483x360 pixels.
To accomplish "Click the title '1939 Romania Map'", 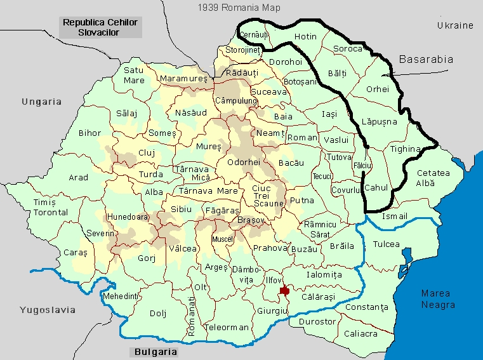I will pyautogui.click(x=239, y=8).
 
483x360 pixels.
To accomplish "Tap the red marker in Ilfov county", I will pyautogui.click(x=285, y=290).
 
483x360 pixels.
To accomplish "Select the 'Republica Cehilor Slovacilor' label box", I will pyautogui.click(x=100, y=27).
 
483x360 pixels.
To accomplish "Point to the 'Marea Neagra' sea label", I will pyautogui.click(x=438, y=299).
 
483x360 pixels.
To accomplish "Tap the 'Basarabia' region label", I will pyautogui.click(x=426, y=59).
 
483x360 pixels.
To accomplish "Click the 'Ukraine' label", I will pyautogui.click(x=455, y=25).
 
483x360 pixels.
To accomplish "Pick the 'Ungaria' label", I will pyautogui.click(x=41, y=101).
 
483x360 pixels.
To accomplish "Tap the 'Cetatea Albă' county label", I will pyautogui.click(x=433, y=178).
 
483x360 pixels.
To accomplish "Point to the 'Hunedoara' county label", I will pyautogui.click(x=128, y=217).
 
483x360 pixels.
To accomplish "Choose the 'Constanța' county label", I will pyautogui.click(x=367, y=307).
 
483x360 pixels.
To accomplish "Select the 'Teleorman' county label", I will pyautogui.click(x=227, y=328).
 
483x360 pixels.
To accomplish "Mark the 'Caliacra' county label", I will pyautogui.click(x=360, y=333).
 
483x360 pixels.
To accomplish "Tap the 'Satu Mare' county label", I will pyautogui.click(x=134, y=75).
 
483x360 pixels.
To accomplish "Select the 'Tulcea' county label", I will pyautogui.click(x=387, y=244).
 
